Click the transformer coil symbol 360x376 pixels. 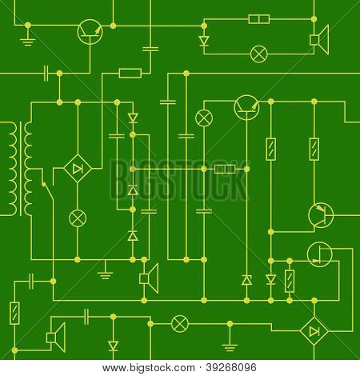[x=21, y=169]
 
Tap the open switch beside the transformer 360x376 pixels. [x=48, y=191]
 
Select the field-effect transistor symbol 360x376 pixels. [x=320, y=254]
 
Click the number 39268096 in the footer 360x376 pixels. [x=231, y=368]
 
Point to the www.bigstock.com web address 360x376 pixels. [x=149, y=368]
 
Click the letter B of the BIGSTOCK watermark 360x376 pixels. [x=118, y=180]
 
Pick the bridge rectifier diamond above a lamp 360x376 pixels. [x=78, y=169]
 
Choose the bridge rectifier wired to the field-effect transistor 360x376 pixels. [x=314, y=331]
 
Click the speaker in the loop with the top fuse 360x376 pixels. [x=319, y=40]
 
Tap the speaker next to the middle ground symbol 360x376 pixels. [x=149, y=278]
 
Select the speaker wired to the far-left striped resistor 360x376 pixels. [x=56, y=338]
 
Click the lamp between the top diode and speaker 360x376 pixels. [x=258, y=54]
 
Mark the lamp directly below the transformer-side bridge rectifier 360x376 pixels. [x=78, y=218]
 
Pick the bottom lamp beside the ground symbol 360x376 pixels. [x=180, y=324]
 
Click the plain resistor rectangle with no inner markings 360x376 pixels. [x=130, y=73]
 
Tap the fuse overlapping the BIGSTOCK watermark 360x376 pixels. [x=225, y=169]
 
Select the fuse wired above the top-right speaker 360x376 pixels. [x=259, y=19]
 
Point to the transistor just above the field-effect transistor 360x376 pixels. [x=321, y=215]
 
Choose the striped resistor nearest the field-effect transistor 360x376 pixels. [x=290, y=281]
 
